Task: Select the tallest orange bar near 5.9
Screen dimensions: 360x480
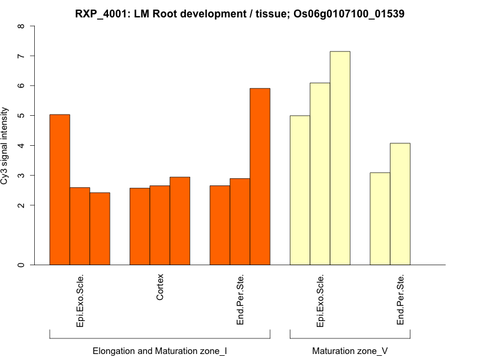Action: point(260,176)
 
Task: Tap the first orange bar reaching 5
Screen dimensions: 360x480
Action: point(59,189)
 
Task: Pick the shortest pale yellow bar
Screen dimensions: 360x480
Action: point(380,218)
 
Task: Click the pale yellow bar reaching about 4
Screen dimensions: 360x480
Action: point(400,203)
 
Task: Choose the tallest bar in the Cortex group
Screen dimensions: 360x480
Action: point(179,221)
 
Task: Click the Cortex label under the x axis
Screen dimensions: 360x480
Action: point(160,287)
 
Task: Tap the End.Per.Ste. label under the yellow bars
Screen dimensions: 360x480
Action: point(401,300)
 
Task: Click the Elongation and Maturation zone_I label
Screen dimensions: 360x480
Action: point(160,350)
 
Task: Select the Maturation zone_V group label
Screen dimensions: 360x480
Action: point(350,350)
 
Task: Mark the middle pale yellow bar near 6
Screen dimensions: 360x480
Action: point(320,173)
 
